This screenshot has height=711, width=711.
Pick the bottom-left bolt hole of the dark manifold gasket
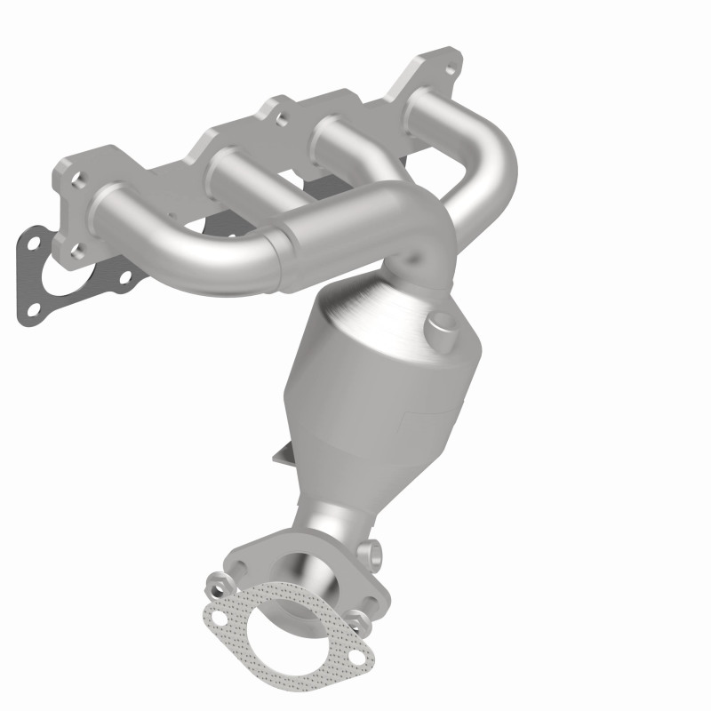34,311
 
